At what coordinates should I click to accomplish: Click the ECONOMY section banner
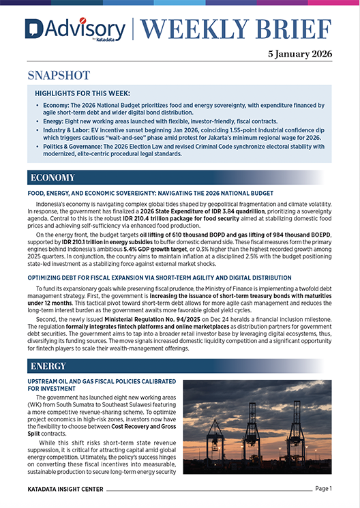52,178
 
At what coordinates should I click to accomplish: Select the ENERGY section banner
48,368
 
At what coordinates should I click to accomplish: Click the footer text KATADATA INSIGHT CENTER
69,489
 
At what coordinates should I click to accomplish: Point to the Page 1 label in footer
322,488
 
